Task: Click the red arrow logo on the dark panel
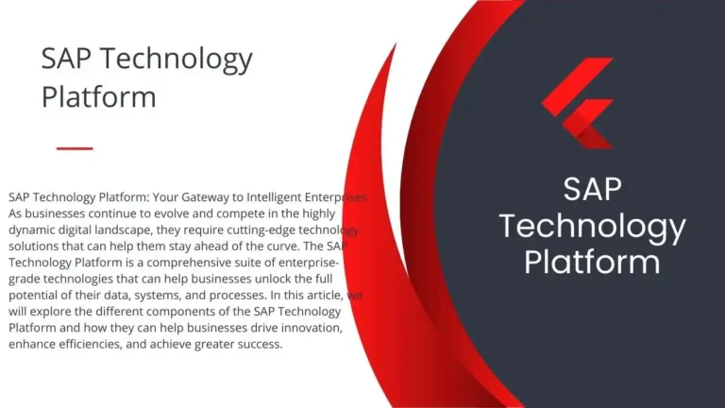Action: coord(577,103)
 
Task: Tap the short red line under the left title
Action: coord(75,148)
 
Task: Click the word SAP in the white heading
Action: coord(593,189)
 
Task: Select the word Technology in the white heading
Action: coord(593,226)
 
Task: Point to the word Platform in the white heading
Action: coord(593,261)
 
